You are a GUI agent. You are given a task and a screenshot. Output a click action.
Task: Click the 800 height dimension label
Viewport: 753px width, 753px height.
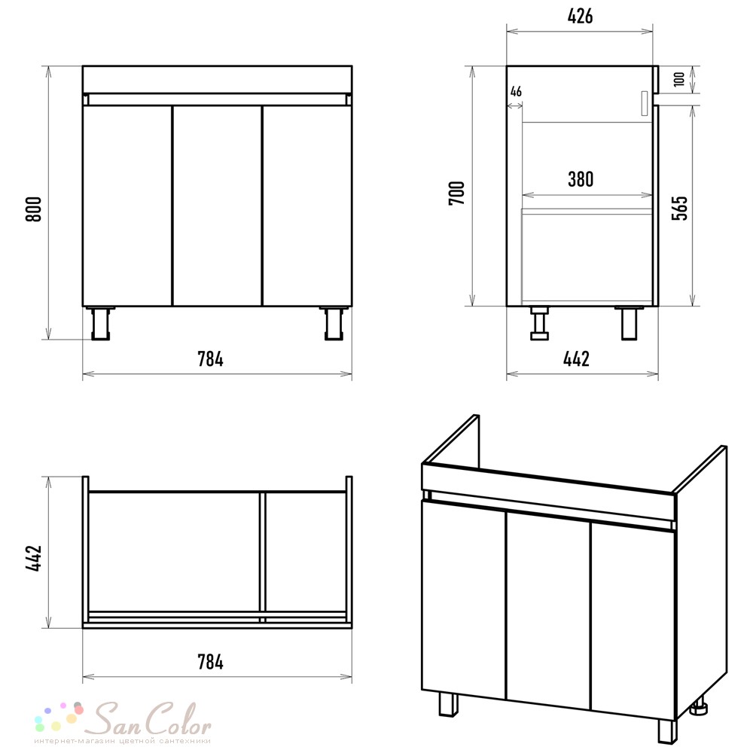(x=34, y=209)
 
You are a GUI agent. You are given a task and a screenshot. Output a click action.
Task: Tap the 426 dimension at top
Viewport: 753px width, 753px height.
(x=580, y=17)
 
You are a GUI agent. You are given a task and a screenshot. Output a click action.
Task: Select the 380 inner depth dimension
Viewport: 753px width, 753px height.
(x=581, y=179)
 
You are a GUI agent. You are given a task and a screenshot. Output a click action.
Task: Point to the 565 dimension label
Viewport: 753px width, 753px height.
(x=679, y=208)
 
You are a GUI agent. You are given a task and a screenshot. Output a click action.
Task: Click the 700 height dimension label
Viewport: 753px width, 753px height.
(x=457, y=193)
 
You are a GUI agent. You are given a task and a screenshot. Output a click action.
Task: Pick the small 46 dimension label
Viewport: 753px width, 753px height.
(x=516, y=91)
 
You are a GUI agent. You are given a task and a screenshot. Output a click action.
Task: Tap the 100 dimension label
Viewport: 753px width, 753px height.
(x=678, y=79)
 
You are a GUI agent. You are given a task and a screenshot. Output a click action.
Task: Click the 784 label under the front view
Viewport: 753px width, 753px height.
(x=210, y=359)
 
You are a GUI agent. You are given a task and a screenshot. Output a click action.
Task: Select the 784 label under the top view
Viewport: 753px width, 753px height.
(x=210, y=662)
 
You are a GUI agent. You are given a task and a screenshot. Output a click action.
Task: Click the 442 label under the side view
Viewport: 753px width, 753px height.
(x=576, y=358)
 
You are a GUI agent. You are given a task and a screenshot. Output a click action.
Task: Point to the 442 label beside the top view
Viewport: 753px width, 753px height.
(x=34, y=558)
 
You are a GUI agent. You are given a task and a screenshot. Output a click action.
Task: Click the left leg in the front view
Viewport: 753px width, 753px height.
(x=100, y=323)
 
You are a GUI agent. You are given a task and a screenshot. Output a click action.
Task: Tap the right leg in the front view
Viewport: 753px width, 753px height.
(x=334, y=323)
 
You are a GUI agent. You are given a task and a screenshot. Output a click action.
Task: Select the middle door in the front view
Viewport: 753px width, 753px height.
(x=217, y=206)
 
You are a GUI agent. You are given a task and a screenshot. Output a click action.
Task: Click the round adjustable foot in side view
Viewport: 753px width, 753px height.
(x=539, y=323)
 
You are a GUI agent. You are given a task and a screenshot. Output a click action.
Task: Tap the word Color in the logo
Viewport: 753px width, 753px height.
(x=178, y=719)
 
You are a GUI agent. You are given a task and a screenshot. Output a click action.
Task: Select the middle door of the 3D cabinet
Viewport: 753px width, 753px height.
(x=548, y=610)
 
